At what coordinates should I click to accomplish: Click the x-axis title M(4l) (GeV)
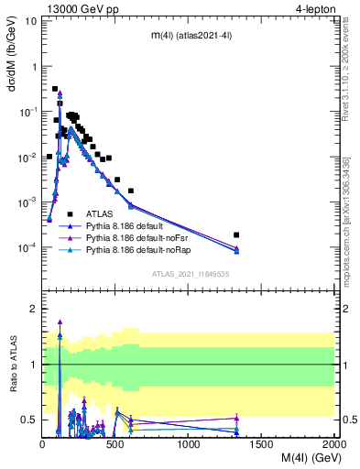[x=300, y=459]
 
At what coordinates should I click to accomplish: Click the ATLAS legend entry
[x=99, y=213]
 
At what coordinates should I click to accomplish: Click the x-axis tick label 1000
[x=189, y=444]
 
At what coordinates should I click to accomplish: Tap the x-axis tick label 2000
[x=333, y=444]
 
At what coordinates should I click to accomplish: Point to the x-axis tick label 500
[x=115, y=444]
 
